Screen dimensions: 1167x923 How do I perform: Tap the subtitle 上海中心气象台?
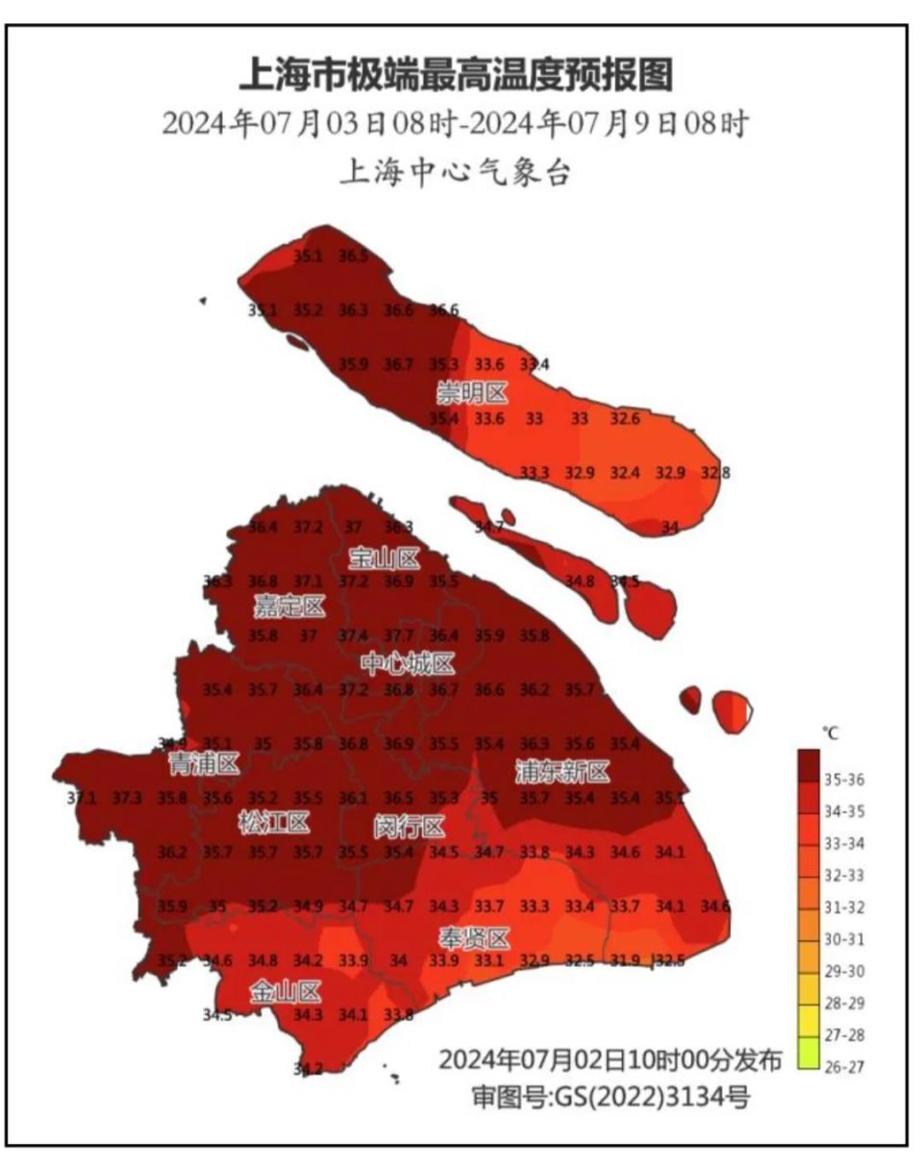455,174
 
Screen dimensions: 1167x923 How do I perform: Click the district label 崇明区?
472,392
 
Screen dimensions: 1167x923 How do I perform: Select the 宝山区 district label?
384,558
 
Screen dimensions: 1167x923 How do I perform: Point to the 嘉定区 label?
288,607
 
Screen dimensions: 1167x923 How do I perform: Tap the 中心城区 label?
408,663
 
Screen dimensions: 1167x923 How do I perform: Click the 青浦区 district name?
203,764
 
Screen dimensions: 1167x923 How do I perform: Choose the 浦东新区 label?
561,771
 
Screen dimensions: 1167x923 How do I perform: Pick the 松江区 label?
274,823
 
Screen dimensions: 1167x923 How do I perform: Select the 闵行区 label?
409,827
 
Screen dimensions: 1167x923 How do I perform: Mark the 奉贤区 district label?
474,938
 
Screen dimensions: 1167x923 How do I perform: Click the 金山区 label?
286,991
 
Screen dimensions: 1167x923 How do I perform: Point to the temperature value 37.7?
398,635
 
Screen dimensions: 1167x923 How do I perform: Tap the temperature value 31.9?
625,960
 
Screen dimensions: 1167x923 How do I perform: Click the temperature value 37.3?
127,798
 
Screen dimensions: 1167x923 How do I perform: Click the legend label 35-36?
843,781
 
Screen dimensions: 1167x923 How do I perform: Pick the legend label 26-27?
843,1066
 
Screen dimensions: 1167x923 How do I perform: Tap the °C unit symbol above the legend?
830,733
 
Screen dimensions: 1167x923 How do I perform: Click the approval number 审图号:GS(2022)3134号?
610,1096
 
